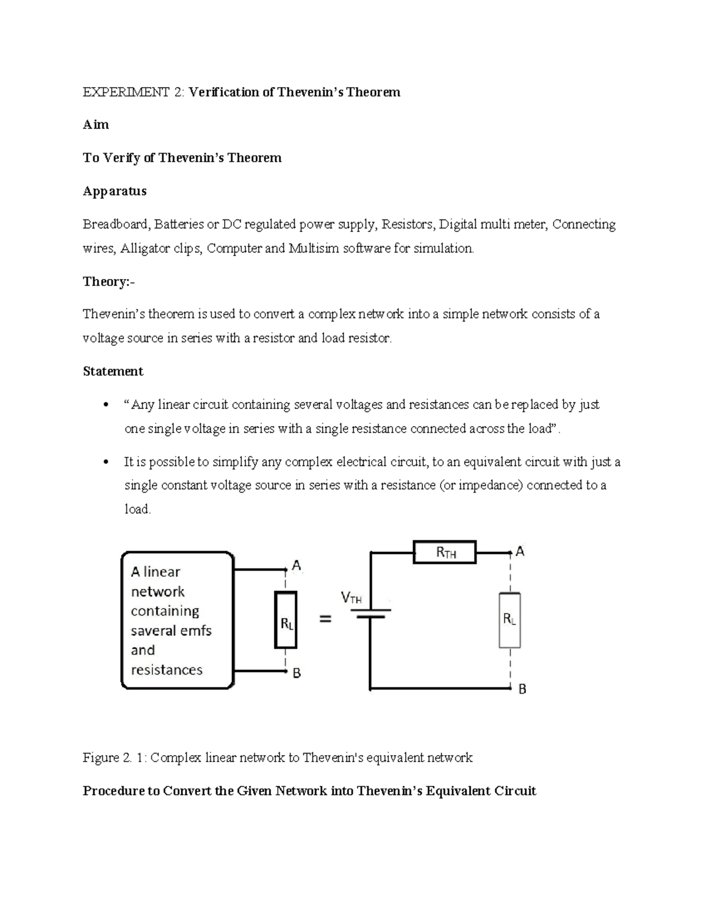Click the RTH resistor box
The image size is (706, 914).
(444, 552)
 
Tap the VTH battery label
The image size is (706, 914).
(351, 598)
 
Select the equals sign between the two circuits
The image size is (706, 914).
(325, 619)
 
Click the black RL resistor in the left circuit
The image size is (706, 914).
(286, 620)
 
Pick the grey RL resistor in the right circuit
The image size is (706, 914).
(509, 620)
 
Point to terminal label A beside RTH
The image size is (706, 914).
(520, 551)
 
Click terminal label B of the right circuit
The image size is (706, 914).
(522, 689)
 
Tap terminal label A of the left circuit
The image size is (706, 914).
(297, 565)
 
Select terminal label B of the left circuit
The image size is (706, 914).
(297, 673)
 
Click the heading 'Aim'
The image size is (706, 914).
(95, 125)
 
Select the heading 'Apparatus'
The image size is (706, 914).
(114, 191)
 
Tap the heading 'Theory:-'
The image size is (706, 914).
(108, 281)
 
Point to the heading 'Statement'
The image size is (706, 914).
(113, 371)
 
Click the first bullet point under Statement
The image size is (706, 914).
(105, 405)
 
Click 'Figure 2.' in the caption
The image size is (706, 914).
(106, 757)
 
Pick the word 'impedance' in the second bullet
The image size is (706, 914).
(493, 486)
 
